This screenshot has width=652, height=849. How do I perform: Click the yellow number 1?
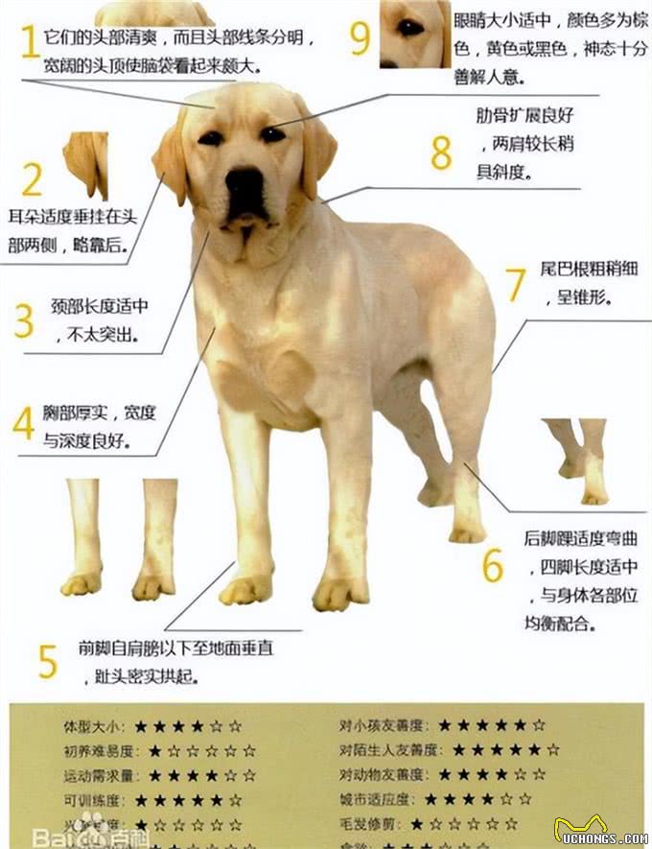(x=29, y=42)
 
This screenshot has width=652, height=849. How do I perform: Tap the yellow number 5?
(x=47, y=660)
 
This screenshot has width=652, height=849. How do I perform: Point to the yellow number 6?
(x=492, y=567)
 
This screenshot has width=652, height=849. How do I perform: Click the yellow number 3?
(x=24, y=320)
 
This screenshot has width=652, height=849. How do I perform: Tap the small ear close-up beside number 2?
(x=86, y=163)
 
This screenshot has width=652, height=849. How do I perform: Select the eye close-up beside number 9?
(x=414, y=33)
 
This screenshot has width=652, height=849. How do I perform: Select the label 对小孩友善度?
(x=384, y=725)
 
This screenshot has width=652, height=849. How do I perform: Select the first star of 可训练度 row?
(x=142, y=799)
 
